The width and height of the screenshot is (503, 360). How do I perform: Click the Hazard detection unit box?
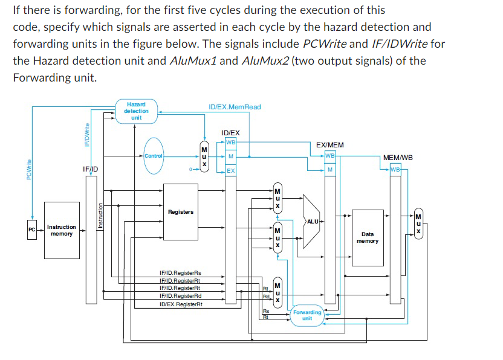click(136, 111)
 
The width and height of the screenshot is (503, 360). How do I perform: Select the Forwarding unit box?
click(307, 315)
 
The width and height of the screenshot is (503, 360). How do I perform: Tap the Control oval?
click(153, 156)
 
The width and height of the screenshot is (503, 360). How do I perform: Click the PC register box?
click(31, 230)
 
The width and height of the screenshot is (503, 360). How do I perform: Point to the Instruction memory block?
click(62, 230)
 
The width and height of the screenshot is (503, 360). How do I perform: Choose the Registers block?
click(181, 212)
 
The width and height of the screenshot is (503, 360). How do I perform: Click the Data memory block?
click(368, 237)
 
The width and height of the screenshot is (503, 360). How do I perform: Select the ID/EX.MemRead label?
click(235, 107)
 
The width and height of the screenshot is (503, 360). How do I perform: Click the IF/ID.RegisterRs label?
click(180, 274)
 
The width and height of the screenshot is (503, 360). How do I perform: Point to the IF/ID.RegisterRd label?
click(180, 296)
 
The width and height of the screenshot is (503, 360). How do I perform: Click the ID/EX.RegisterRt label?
click(180, 304)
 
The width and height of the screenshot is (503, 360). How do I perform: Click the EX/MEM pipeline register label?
click(330, 145)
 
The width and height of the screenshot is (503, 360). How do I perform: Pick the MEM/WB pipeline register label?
click(398, 158)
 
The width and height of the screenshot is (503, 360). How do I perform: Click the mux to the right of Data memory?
click(418, 223)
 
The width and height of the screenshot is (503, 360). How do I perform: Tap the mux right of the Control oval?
click(204, 156)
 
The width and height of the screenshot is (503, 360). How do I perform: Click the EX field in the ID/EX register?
click(231, 171)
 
